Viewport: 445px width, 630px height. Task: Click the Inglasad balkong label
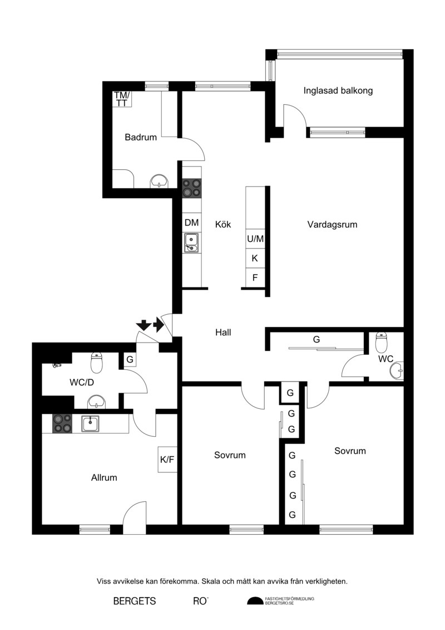(x=338, y=91)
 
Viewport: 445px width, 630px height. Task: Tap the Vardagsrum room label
(x=332, y=224)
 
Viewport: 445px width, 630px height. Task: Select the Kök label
(x=223, y=224)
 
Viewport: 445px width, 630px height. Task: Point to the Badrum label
(x=140, y=138)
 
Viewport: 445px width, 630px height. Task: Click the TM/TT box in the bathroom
(x=122, y=99)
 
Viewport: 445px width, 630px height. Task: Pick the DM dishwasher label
(x=191, y=223)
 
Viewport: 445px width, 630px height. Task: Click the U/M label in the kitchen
(x=255, y=239)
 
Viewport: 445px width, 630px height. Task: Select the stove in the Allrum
(x=62, y=424)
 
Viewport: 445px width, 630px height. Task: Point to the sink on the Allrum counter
(x=91, y=424)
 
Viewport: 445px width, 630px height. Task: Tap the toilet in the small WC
(x=381, y=343)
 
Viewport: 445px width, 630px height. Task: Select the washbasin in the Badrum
(x=160, y=182)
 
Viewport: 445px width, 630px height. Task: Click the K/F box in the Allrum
(x=167, y=459)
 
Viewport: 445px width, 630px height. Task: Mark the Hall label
(x=223, y=333)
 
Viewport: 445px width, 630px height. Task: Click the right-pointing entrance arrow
(x=159, y=325)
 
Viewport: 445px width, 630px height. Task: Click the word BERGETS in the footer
(x=135, y=601)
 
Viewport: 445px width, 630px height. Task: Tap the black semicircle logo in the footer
(x=255, y=601)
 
